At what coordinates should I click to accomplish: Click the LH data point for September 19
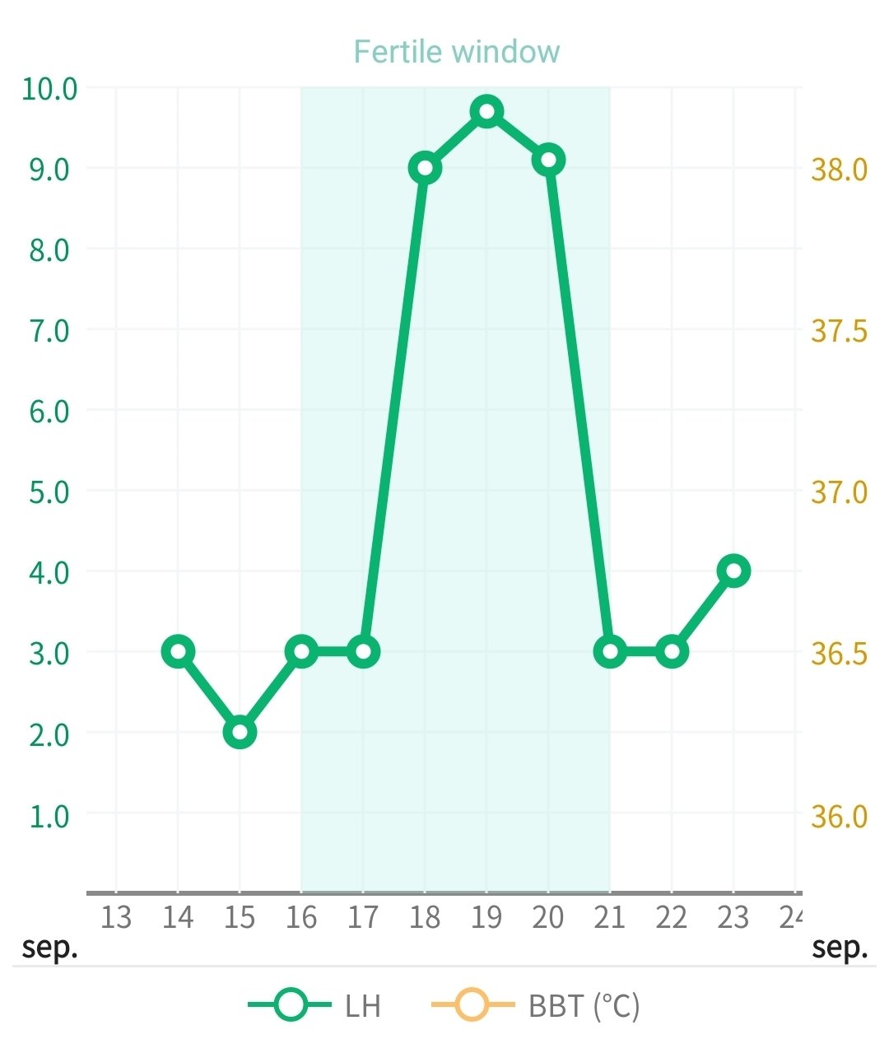coord(486,111)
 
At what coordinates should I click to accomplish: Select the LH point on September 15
coord(240,732)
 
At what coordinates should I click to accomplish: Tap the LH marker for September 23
coord(733,571)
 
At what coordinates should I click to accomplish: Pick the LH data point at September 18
coord(425,168)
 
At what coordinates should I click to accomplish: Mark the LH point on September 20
coord(548,160)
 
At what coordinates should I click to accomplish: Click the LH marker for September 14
coord(178,651)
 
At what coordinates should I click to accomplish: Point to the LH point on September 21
coord(610,651)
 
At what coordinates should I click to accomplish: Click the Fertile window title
coord(457,52)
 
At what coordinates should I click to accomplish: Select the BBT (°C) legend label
coord(584,1005)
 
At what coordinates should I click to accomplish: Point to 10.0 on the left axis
coord(49,88)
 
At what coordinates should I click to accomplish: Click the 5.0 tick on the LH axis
coord(49,492)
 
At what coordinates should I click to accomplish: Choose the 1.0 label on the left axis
coord(49,816)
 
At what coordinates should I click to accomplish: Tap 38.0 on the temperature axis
coord(839,169)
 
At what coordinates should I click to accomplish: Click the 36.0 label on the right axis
coord(839,816)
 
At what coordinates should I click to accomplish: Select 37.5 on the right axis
coord(839,330)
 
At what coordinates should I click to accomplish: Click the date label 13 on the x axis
coord(116,916)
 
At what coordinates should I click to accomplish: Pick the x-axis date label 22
coord(672,916)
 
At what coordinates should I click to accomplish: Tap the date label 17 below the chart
coord(363,916)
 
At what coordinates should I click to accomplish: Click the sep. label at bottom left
coord(50,947)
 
